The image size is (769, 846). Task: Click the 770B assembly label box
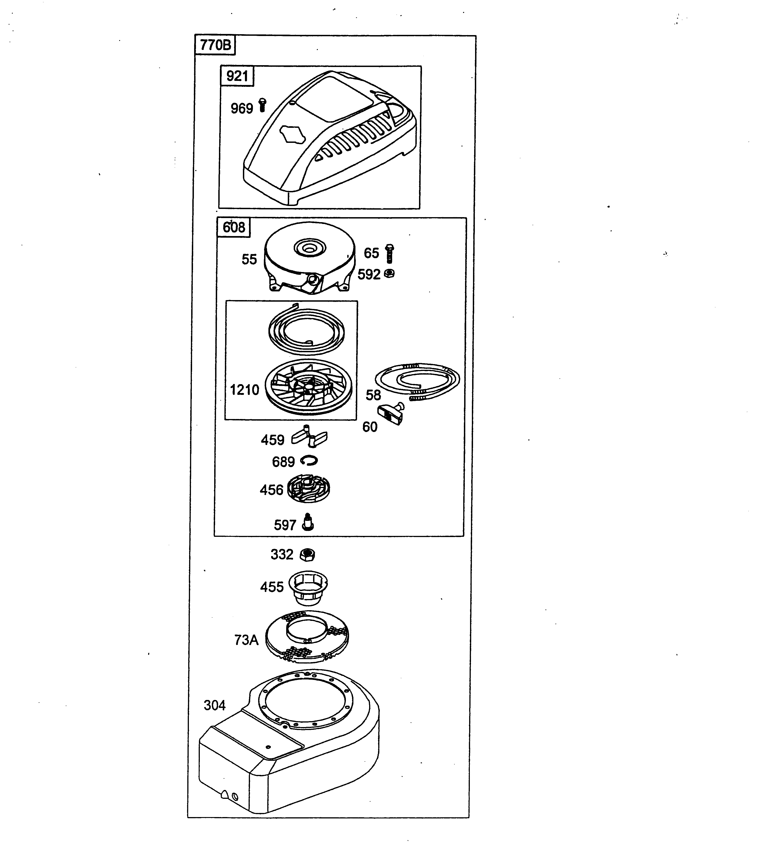click(x=215, y=45)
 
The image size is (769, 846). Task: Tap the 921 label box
click(x=237, y=76)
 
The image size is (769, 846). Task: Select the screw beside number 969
click(x=263, y=105)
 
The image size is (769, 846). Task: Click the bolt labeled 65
click(x=389, y=253)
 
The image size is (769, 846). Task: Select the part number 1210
click(x=244, y=390)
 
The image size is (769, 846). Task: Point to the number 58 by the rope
click(x=373, y=395)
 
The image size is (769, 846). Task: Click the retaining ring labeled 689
click(x=309, y=461)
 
